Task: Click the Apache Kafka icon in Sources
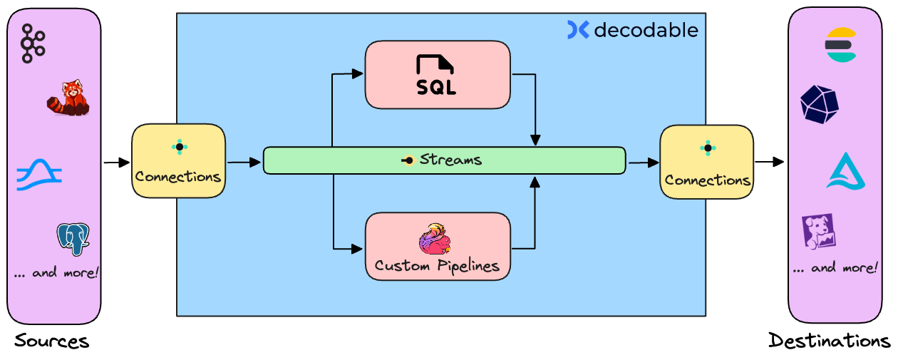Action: (x=32, y=43)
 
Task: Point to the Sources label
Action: (x=51, y=341)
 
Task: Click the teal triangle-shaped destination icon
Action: (x=846, y=171)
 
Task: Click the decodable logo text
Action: (x=645, y=30)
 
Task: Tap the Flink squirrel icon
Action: (x=435, y=239)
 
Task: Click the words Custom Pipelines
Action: (x=437, y=267)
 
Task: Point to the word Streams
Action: (x=450, y=160)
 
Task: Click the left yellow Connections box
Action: (x=179, y=161)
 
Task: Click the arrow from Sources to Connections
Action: (x=115, y=163)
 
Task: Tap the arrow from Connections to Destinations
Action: (x=769, y=162)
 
